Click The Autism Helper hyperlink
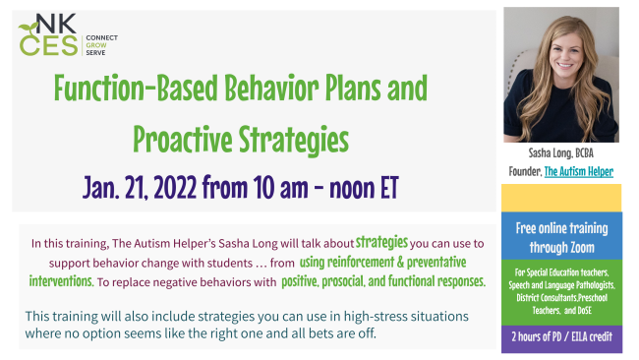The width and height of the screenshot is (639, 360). click(579, 171)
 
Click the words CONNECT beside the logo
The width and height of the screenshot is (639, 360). click(103, 36)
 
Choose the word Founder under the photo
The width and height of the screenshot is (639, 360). click(522, 171)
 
